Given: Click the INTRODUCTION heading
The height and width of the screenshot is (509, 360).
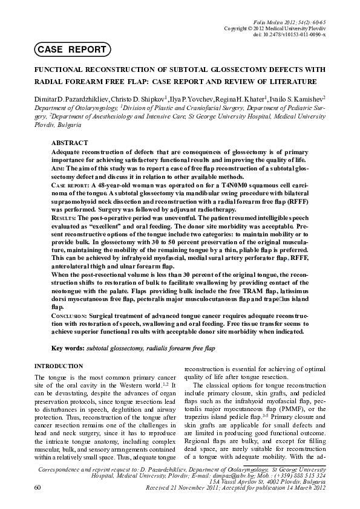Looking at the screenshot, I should [58, 366].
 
